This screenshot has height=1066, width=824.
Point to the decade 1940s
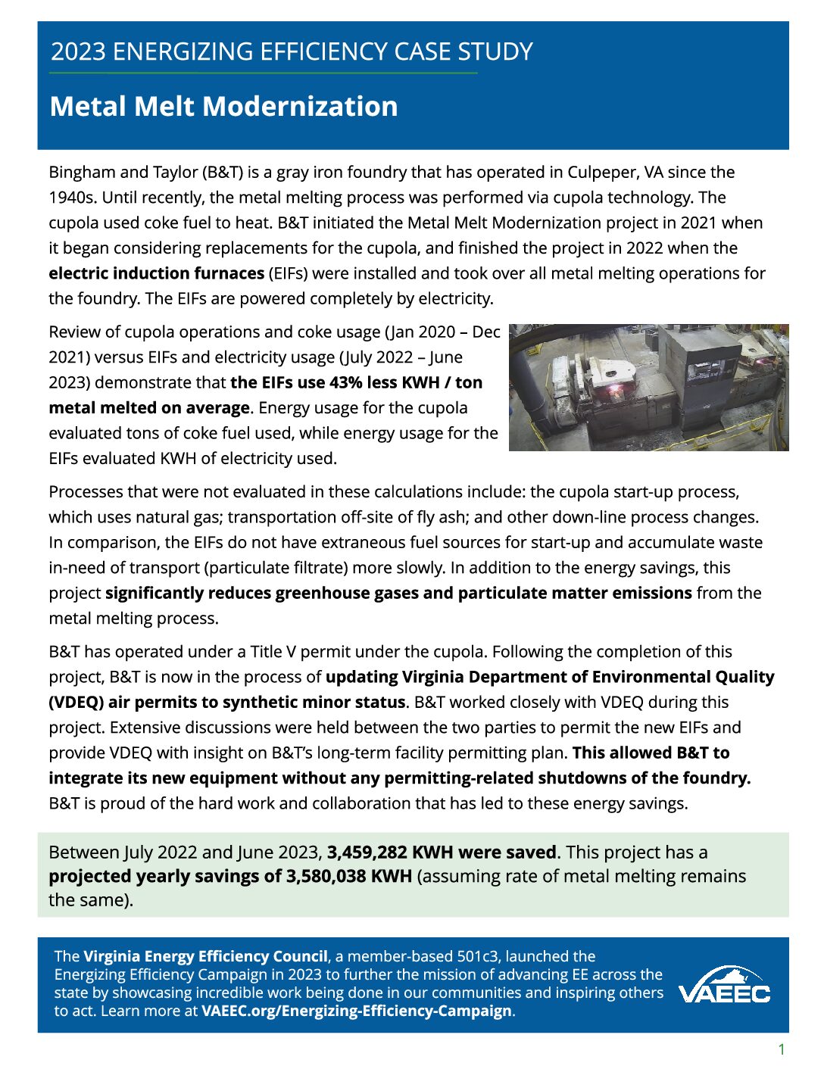[x=73, y=198]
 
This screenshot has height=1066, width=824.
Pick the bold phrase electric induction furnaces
[x=156, y=273]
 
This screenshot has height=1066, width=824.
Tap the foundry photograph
[x=648, y=387]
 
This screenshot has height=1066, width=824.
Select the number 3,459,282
[x=367, y=852]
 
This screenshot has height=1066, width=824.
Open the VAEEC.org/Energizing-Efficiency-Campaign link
[x=356, y=1011]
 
